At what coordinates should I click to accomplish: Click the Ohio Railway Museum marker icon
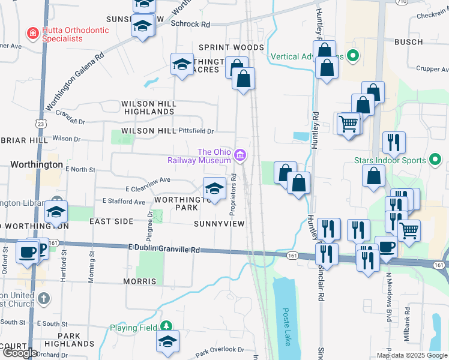pyautogui.click(x=240, y=156)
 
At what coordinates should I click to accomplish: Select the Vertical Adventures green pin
pyautogui.click(x=354, y=57)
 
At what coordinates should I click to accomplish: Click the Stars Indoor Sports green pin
pyautogui.click(x=436, y=160)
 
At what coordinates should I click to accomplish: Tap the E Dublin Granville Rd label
pyautogui.click(x=163, y=248)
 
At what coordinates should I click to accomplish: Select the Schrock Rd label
pyautogui.click(x=190, y=25)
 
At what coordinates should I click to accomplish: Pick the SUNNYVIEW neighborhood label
pyautogui.click(x=219, y=224)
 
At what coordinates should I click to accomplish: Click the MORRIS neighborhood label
pyautogui.click(x=139, y=281)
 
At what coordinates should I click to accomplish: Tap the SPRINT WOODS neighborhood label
pyautogui.click(x=231, y=47)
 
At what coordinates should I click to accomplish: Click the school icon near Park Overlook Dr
pyautogui.click(x=167, y=341)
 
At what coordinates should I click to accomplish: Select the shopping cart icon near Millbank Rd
pyautogui.click(x=409, y=230)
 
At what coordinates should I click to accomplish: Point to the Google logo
pyautogui.click(x=19, y=353)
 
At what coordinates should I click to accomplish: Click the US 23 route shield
pyautogui.click(x=41, y=124)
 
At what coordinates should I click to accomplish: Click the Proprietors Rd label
pyautogui.click(x=233, y=195)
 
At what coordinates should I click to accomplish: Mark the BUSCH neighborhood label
pyautogui.click(x=409, y=42)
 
